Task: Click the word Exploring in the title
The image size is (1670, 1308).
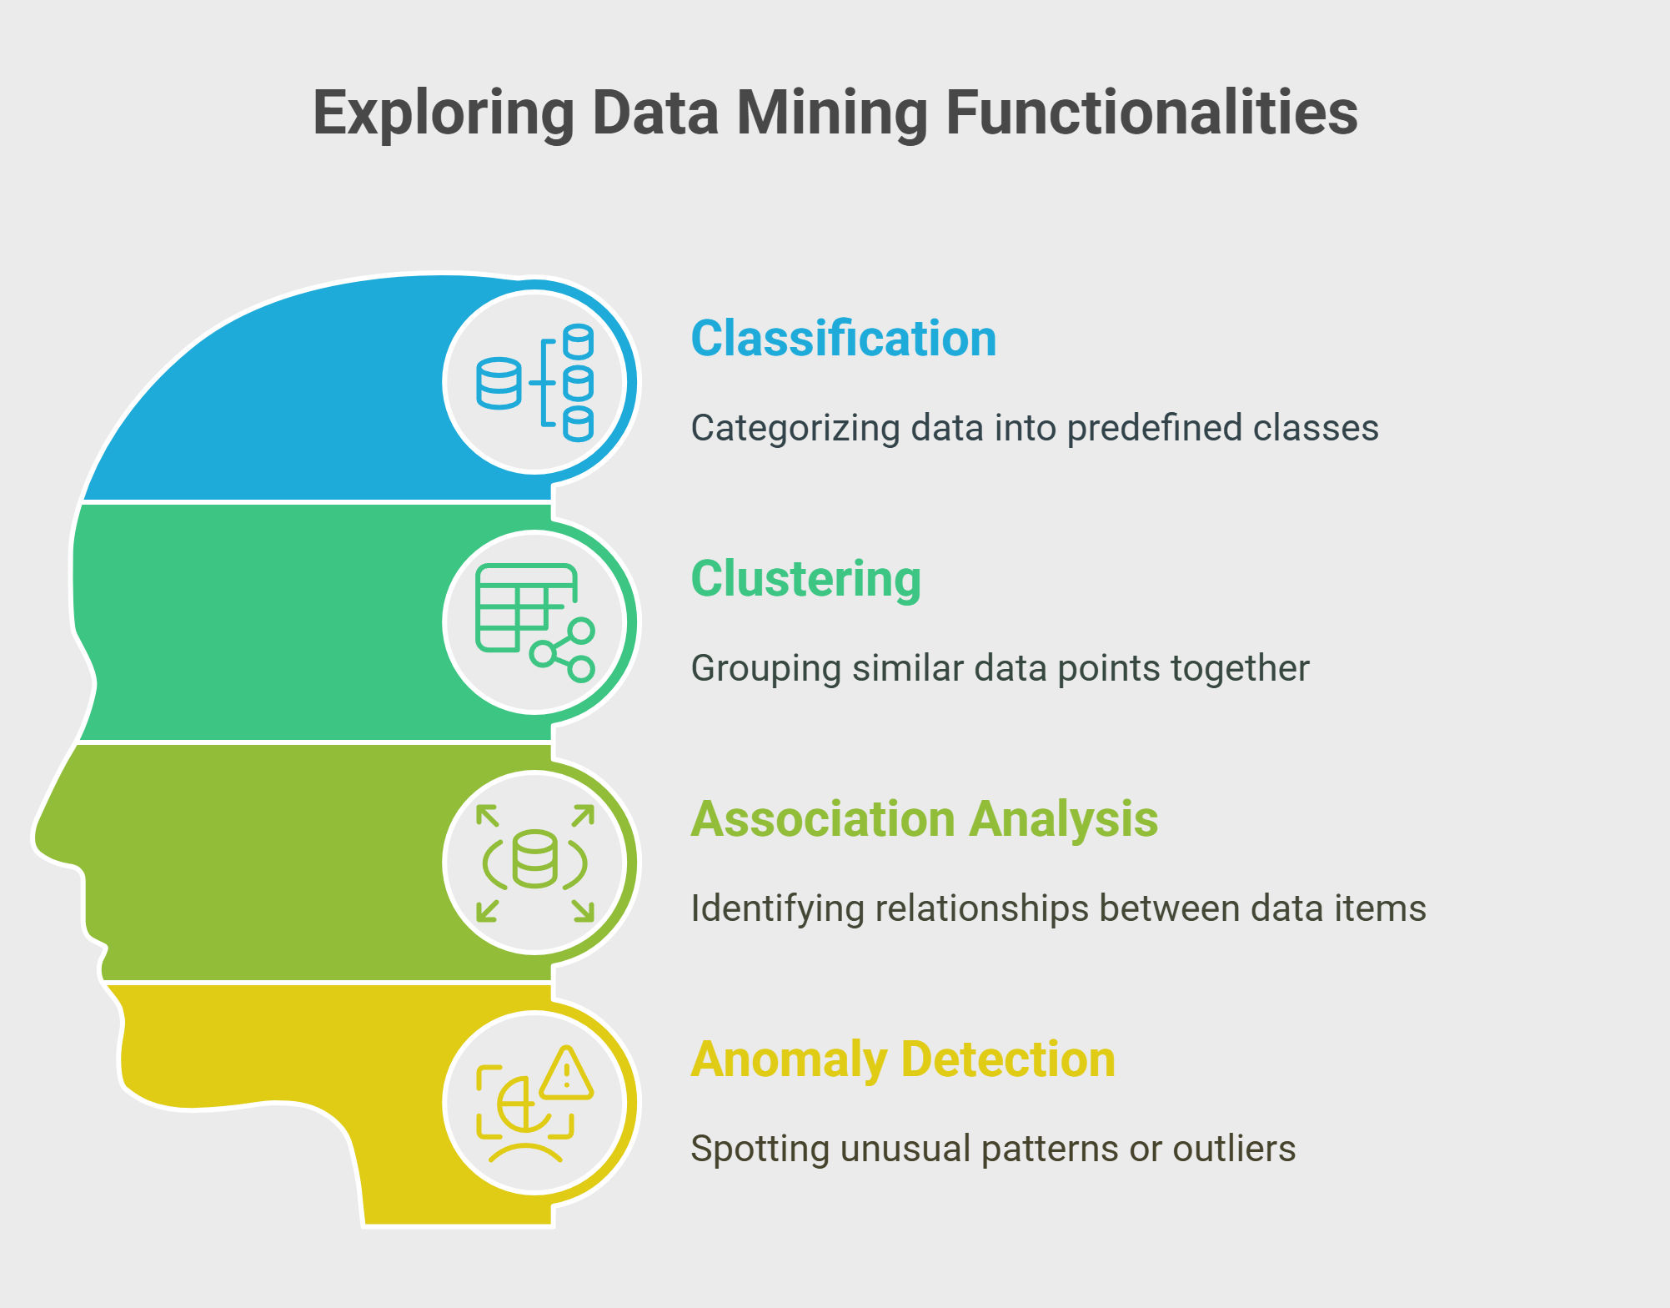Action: tap(444, 114)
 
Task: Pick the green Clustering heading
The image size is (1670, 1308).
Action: tap(806, 579)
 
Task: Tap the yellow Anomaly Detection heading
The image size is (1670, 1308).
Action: tap(903, 1059)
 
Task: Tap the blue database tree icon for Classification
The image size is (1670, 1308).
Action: tap(534, 382)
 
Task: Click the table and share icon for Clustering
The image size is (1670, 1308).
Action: tap(534, 622)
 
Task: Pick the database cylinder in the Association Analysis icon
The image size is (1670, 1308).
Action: tap(534, 858)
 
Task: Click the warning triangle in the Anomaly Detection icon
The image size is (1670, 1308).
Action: tap(566, 1073)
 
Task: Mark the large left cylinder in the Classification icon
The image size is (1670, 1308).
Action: tap(499, 383)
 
